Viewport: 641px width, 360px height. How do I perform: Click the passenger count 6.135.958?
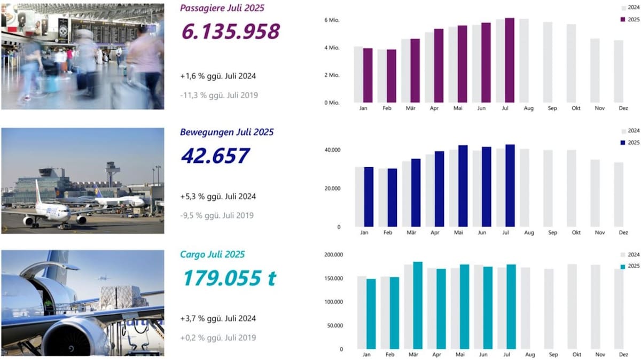(230, 32)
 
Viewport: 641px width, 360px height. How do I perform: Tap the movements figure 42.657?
(215, 155)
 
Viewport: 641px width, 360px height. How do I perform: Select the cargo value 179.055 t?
(229, 278)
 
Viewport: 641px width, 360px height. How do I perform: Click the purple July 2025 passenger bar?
(510, 60)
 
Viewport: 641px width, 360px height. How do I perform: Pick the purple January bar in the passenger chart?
(368, 75)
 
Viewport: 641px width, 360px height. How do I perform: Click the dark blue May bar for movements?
(463, 186)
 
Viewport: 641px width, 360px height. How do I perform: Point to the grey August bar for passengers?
(524, 60)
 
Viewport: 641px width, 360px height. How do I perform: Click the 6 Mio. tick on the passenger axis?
(332, 20)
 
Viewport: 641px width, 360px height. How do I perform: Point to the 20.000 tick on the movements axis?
(331, 189)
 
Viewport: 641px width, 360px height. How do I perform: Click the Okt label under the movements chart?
(576, 233)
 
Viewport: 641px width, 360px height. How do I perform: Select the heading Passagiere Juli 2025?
(222, 8)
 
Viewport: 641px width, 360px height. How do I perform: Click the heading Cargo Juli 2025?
(213, 255)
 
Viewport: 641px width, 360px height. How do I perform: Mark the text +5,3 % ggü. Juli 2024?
(218, 197)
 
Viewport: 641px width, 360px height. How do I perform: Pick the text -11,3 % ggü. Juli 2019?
(219, 95)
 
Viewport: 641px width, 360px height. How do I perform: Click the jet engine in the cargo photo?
(75, 335)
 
